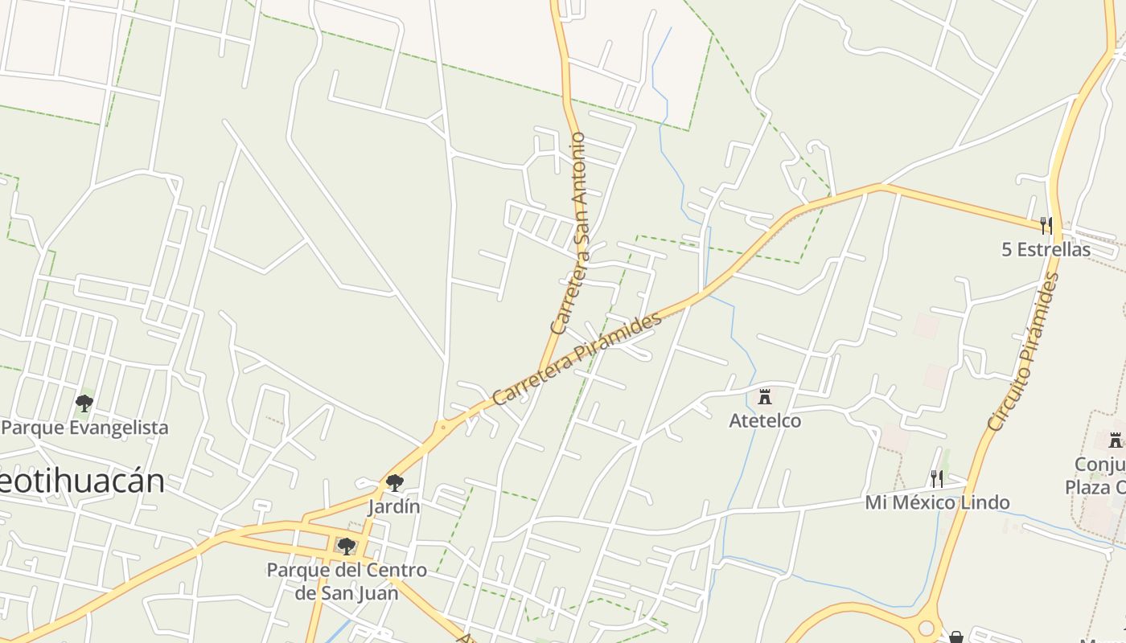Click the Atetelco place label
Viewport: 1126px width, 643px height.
pos(765,420)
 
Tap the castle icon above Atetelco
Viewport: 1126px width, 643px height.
pos(765,396)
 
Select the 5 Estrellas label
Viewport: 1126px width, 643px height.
pos(1046,249)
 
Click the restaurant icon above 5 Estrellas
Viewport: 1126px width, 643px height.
pos(1046,224)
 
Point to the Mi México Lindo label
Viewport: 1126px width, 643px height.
pos(937,503)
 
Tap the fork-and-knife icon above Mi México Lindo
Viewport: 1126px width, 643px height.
pos(936,479)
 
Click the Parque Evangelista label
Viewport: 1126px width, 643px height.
pos(85,428)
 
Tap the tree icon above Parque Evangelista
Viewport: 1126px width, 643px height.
pos(84,403)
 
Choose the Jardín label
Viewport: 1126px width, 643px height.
pos(394,507)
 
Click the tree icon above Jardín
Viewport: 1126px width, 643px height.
pos(394,483)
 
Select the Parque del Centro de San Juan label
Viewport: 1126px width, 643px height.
pos(347,581)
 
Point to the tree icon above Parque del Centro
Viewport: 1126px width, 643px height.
pos(347,547)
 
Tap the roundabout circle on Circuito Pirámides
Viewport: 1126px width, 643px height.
pos(927,628)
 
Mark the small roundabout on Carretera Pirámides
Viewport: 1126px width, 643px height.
pos(442,427)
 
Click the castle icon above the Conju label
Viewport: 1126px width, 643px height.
pos(1115,440)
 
